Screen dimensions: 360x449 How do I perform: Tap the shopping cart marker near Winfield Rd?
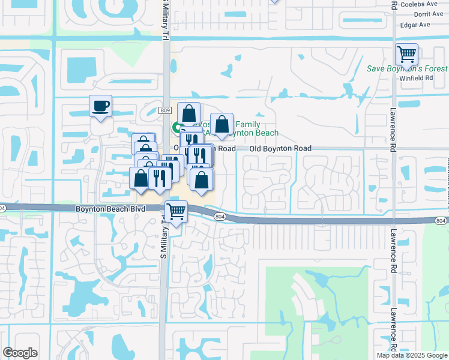click(407, 55)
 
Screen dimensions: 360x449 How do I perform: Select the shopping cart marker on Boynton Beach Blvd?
click(176, 212)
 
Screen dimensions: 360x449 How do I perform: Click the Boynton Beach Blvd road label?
click(103, 208)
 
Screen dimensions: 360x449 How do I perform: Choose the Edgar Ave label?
click(417, 25)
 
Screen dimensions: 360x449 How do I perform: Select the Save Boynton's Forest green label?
click(408, 68)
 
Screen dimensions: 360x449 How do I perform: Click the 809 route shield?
click(166, 110)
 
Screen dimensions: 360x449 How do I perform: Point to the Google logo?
click(20, 353)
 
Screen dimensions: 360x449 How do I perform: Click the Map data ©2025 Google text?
click(412, 355)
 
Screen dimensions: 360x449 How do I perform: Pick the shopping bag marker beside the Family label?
click(221, 124)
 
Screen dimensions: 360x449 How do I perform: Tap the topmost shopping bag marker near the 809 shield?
click(188, 113)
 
